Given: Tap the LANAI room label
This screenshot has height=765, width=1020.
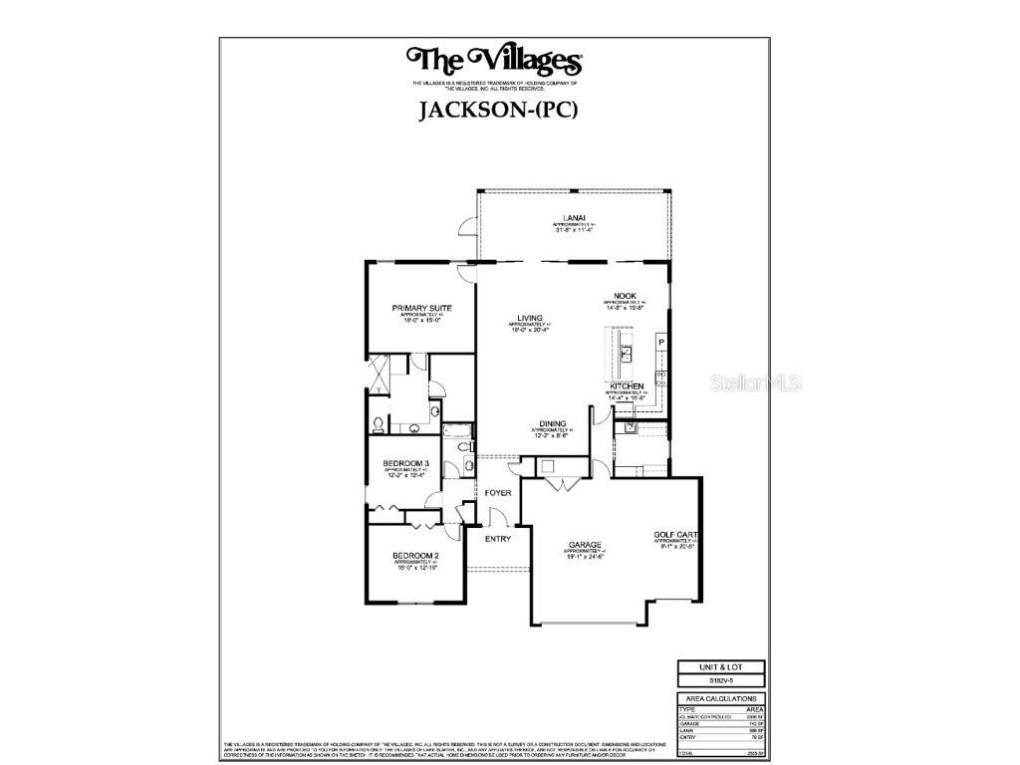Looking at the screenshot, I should point(573,218).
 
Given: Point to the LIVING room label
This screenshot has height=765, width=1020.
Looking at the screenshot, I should point(529,318).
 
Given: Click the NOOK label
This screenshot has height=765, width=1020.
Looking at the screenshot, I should point(625,296).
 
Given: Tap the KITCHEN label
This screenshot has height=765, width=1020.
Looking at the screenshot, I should point(627,385).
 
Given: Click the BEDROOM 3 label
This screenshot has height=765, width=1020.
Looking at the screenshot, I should point(406,463).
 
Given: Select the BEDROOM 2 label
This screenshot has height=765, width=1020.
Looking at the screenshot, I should point(415,555).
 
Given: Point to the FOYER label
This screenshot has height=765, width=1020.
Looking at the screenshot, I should point(498,493).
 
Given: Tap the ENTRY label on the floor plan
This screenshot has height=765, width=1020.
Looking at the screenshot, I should point(498,539).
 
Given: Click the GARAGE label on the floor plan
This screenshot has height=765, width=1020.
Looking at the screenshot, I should point(585,544).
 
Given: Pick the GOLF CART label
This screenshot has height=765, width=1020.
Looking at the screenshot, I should point(673,534).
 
